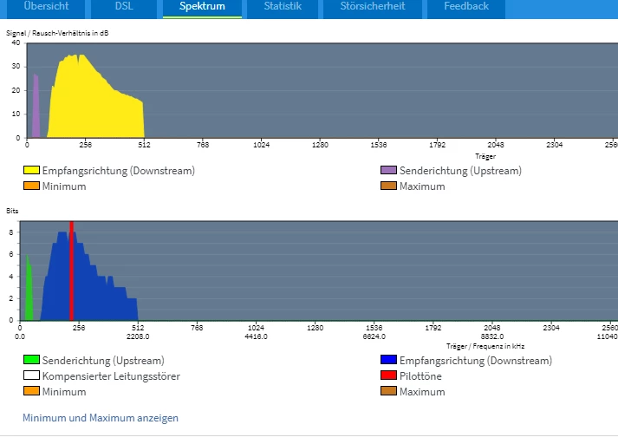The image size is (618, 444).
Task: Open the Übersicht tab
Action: (45, 7)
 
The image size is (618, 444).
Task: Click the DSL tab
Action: (124, 7)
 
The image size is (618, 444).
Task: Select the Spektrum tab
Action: (202, 7)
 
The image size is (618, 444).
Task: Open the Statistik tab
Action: (283, 7)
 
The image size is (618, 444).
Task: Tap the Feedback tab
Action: (466, 7)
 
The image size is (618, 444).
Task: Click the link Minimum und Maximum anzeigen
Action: (101, 418)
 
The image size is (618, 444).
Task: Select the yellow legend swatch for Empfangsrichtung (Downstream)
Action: (31, 171)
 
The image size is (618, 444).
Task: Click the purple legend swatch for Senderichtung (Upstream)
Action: (388, 171)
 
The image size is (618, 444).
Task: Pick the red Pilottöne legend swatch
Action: (388, 376)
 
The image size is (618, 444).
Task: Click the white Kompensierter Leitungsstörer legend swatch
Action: (31, 376)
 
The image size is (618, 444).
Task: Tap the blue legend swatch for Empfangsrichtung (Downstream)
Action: (388, 361)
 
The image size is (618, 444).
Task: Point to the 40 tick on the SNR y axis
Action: (16, 42)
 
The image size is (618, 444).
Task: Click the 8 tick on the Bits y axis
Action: (11, 232)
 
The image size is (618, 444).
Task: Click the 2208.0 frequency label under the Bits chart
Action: (138, 336)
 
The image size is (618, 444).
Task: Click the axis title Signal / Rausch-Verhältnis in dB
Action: (58, 33)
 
